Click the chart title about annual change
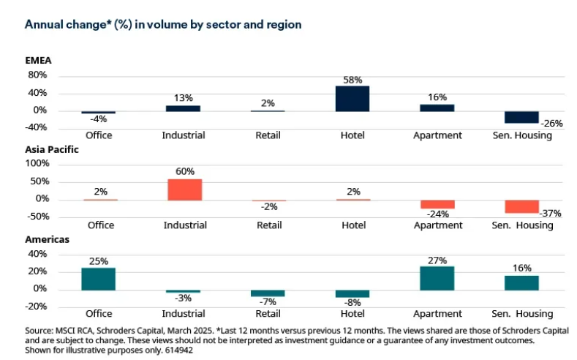163,25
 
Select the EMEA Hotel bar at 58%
352,99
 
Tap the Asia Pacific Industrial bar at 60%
184,190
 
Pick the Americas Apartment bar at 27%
437,277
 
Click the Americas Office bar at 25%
98,278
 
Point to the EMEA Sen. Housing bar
522,117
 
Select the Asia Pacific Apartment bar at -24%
437,204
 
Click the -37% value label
551,213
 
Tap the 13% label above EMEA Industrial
184,97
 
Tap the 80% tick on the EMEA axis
37,75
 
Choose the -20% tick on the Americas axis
36,306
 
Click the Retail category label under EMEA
268,135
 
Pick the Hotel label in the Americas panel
353,315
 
